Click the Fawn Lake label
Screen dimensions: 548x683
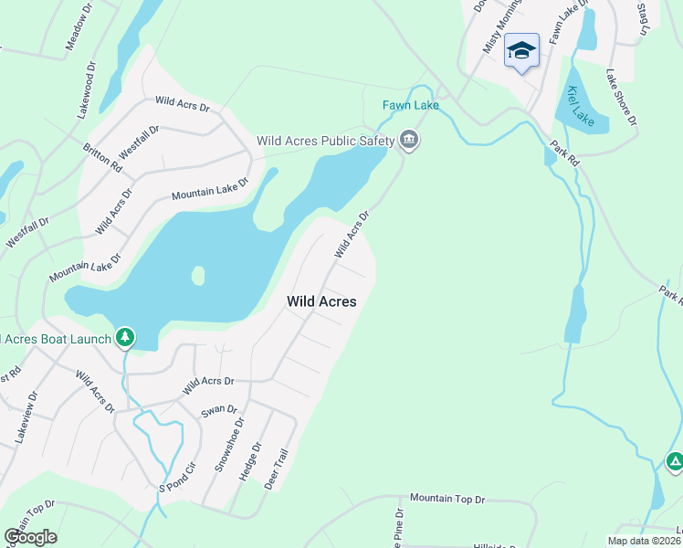tap(411, 105)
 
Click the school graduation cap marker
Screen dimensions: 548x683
tap(521, 50)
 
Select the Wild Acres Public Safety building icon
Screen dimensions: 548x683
tap(409, 141)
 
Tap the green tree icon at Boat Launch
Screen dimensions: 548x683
tap(125, 338)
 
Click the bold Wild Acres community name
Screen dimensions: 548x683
tap(321, 300)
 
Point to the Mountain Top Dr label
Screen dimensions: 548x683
tap(447, 499)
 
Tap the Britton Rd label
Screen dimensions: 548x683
tap(102, 157)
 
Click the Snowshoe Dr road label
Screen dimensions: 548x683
tap(230, 445)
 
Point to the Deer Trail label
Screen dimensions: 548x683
tap(276, 468)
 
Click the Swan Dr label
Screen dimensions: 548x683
tap(219, 411)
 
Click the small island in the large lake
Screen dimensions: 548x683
tap(197, 275)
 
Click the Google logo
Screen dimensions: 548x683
tap(31, 537)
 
